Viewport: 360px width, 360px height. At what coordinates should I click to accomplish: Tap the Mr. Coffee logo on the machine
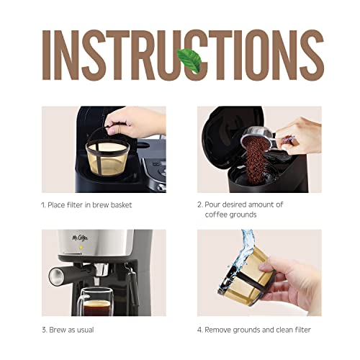point(66,239)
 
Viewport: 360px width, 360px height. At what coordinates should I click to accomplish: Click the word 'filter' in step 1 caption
point(81,205)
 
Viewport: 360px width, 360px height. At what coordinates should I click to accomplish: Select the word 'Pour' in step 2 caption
point(215,204)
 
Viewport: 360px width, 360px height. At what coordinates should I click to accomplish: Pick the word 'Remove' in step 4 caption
point(222,330)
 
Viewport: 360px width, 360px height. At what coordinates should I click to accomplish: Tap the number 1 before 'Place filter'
point(42,205)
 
